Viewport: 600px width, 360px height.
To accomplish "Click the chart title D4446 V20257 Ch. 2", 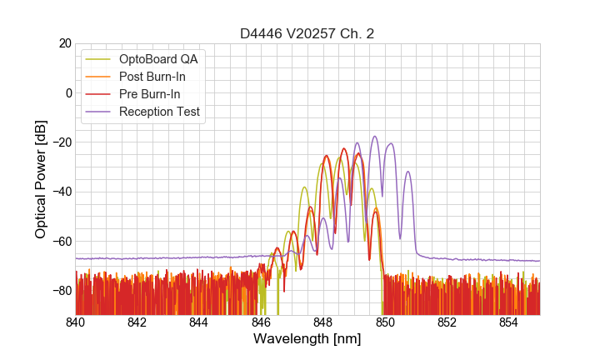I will (x=307, y=33).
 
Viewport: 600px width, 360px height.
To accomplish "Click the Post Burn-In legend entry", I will (x=152, y=77).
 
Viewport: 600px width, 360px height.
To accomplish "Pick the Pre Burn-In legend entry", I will (x=150, y=94).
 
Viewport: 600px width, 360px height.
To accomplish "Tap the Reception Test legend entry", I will (x=159, y=112).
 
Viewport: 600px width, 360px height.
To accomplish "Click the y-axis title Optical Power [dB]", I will (x=40, y=178).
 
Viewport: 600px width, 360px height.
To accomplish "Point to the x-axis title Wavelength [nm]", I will (x=307, y=339).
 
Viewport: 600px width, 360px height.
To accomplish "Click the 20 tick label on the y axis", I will (x=63, y=43).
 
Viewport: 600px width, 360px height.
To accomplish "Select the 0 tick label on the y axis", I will (x=67, y=92).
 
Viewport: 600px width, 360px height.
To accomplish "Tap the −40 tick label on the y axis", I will (x=60, y=192).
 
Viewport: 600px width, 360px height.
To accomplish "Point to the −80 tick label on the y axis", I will (x=60, y=291).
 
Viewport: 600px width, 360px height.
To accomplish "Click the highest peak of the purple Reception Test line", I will (x=375, y=137).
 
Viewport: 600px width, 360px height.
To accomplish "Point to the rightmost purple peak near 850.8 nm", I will (x=407, y=172).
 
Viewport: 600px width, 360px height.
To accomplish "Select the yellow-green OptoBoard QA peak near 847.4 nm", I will (x=305, y=187).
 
